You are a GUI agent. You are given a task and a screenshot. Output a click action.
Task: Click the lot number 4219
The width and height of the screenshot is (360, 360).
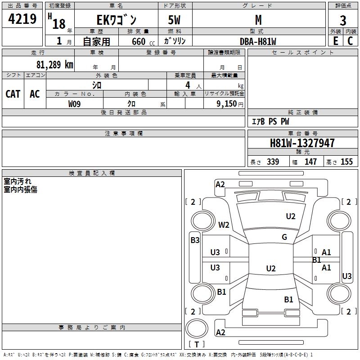[x=22, y=19]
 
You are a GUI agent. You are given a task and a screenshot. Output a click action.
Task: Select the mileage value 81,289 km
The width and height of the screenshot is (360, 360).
[x=54, y=65]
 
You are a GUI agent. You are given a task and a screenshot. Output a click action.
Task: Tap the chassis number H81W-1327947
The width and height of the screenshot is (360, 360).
[x=302, y=143]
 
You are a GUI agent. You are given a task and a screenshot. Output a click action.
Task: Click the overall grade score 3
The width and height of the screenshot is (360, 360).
[x=343, y=21]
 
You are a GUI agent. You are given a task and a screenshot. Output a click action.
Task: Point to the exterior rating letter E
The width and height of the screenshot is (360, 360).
[x=335, y=41]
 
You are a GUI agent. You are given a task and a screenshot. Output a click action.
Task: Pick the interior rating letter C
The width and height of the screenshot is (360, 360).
[x=350, y=41]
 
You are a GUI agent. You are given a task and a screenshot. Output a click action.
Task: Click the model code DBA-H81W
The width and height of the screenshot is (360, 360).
[x=258, y=41]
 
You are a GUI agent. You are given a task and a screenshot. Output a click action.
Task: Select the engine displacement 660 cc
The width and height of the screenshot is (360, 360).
[x=143, y=42]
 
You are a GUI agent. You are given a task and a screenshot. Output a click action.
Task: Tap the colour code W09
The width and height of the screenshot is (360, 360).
[x=74, y=104]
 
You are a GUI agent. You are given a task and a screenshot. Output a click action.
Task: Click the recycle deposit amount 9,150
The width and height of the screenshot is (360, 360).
[x=227, y=104]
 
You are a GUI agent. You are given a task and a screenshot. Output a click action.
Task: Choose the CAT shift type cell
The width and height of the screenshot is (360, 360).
[x=13, y=94]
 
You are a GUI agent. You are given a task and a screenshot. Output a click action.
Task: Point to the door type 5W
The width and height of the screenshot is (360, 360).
[x=174, y=20]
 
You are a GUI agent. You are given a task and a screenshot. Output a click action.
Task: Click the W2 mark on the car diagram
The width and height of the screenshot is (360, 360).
[x=224, y=225]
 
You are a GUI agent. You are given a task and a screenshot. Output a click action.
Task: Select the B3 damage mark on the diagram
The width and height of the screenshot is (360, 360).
[x=195, y=240]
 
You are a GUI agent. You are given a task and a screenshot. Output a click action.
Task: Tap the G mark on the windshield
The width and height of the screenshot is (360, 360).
[x=284, y=237]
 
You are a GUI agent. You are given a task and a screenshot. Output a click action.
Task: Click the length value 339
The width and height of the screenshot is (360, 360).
[x=273, y=162]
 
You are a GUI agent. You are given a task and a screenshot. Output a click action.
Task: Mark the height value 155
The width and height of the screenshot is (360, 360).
[x=346, y=162]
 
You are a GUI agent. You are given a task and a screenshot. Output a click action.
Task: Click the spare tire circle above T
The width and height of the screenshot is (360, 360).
[x=197, y=328]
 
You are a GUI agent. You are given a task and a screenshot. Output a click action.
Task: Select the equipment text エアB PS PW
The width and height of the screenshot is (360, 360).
[x=270, y=121]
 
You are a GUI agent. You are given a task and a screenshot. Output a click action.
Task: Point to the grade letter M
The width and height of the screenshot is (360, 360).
[x=258, y=20]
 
